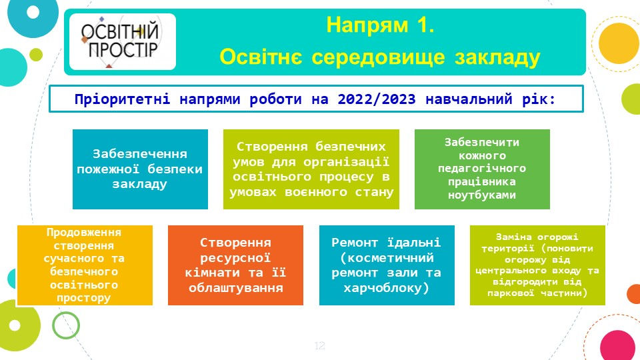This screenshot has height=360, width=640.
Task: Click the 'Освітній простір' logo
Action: [x=123, y=41]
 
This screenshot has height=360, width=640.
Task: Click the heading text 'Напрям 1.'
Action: [x=380, y=25]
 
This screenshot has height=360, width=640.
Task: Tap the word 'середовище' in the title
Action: [x=378, y=57]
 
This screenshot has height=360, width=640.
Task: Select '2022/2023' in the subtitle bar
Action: [x=376, y=99]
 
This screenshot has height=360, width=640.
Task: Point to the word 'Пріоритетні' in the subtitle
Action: [x=122, y=99]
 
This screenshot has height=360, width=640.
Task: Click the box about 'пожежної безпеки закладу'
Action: [x=140, y=169]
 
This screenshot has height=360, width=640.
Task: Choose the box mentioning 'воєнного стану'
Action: [x=311, y=169]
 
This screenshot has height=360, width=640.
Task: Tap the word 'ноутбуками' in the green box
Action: [x=482, y=195]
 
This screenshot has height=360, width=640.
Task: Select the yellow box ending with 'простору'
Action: [x=85, y=265]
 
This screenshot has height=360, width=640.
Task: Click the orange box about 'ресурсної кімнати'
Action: [x=235, y=265]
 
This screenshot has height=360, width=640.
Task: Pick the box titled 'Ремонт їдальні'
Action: [x=387, y=265]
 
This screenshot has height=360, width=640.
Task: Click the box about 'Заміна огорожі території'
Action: [x=537, y=265]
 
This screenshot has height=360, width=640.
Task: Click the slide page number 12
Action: [x=319, y=346]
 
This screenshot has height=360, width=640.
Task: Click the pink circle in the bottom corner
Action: [x=618, y=345]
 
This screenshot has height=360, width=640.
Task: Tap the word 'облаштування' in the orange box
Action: [x=235, y=288]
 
